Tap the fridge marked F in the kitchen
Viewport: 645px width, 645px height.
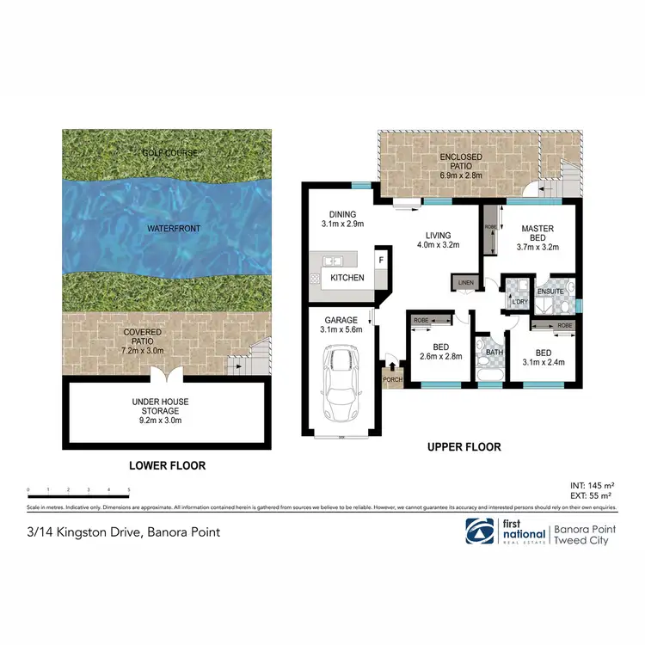[x=380, y=257]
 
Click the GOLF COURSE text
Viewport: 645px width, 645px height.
[x=169, y=153]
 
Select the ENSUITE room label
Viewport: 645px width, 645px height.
[x=551, y=291]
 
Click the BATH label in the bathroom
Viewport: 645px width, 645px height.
[x=493, y=351]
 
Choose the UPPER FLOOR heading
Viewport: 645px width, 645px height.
[x=464, y=447]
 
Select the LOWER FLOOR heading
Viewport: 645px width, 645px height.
[x=168, y=465]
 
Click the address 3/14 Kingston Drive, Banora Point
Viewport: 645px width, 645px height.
[x=124, y=532]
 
